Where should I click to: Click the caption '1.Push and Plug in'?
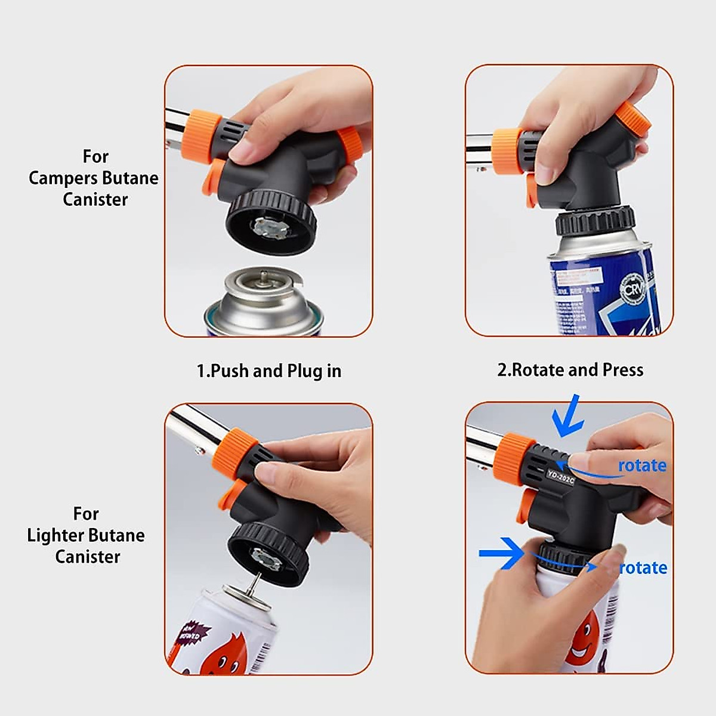(269, 371)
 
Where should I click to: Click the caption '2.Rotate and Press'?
(570, 370)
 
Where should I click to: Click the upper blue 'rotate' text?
(642, 465)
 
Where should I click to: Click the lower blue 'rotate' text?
(643, 567)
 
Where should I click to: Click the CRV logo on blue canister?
(632, 290)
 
